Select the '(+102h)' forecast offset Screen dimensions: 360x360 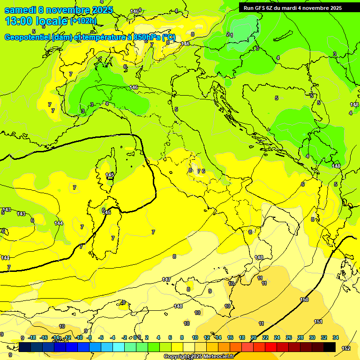coord(83,21)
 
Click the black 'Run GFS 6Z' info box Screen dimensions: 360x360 coord(293,8)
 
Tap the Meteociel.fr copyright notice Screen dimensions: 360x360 coord(199,356)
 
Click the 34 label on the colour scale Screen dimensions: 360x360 coord(336,337)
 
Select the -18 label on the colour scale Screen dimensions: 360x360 coord(31,337)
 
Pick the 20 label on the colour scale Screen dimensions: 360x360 coord(254,337)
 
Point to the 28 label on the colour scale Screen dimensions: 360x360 coord(300,337)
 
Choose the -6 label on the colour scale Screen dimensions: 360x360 coord(101,337)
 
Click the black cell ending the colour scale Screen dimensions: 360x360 coord(330,347)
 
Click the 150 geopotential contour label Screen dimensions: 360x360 coord(304,300)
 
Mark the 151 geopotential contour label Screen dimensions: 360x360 coord(318,322)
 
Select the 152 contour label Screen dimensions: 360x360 coord(346,348)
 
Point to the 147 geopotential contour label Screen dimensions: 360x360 coord(166,279)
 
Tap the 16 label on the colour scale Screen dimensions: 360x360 coord(230,337)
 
